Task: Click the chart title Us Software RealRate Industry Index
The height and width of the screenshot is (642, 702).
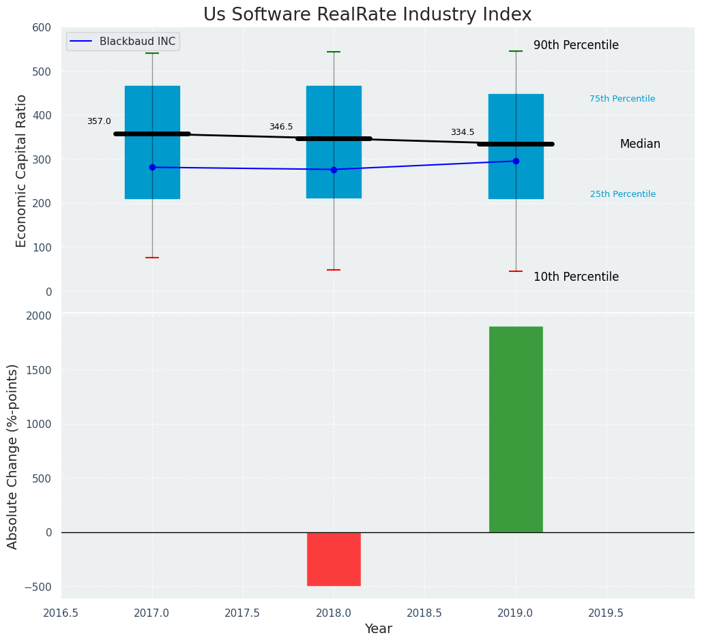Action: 367,15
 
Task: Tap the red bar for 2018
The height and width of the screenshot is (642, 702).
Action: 334,559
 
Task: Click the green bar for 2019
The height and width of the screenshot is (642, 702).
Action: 516,429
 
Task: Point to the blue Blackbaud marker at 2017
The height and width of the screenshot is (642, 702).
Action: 152,167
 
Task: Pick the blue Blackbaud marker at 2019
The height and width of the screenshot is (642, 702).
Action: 516,161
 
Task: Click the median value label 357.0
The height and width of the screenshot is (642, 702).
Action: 99,121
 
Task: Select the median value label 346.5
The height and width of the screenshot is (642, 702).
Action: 281,127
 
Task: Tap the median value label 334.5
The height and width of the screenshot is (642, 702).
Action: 463,132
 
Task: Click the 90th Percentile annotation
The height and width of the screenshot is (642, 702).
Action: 576,46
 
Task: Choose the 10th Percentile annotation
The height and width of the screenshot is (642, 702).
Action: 576,277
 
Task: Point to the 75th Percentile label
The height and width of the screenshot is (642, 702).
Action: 622,99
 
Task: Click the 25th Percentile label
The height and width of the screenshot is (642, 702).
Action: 623,194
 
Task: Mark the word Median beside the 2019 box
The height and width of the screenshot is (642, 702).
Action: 640,144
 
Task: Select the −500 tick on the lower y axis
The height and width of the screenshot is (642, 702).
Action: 39,587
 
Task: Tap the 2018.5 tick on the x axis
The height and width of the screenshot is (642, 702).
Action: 424,613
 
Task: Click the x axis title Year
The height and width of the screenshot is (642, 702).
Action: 378,629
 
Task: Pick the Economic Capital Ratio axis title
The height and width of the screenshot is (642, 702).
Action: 22,170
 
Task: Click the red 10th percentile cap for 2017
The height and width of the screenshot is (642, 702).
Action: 152,258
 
